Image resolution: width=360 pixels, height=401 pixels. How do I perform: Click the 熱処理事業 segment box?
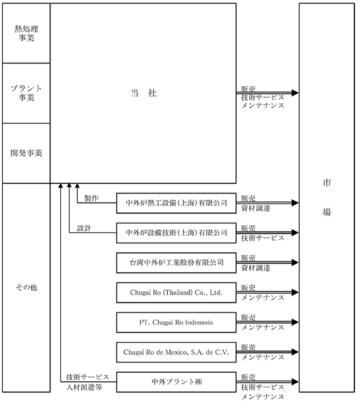[x=27, y=33]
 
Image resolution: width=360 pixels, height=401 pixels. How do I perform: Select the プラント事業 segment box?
[x=27, y=93]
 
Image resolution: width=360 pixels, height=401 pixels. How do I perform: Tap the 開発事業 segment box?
[x=27, y=153]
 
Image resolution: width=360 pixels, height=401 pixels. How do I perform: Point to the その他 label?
[x=27, y=287]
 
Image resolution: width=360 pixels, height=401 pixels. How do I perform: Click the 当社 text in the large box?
[x=144, y=93]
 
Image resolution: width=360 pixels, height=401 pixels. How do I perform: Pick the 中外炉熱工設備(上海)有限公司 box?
[x=176, y=203]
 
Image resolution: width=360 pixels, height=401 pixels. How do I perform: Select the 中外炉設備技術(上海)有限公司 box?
[x=176, y=233]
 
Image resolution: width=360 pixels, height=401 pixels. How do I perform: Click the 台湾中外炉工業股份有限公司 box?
[x=176, y=263]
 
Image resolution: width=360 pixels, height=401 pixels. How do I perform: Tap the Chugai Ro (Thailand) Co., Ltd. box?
[x=176, y=292]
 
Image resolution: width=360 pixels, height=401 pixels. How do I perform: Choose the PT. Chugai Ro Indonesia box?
[x=176, y=322]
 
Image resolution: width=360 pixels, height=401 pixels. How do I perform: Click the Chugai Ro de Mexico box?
[x=176, y=352]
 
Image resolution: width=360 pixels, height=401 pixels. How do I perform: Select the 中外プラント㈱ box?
[x=176, y=382]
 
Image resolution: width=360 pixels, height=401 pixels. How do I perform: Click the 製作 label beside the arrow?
[x=92, y=198]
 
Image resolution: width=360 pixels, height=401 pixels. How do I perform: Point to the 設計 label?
[x=84, y=228]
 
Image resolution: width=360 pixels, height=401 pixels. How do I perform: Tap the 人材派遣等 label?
[x=84, y=387]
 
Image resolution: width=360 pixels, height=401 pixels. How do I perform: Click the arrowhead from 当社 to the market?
[x=295, y=93]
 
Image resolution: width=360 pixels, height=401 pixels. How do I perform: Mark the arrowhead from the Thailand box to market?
[x=295, y=292]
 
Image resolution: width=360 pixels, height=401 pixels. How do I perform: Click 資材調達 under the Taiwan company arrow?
[x=255, y=268]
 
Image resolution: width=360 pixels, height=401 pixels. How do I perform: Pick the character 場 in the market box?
[x=327, y=212]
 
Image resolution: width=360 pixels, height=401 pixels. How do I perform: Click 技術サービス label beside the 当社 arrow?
[x=263, y=97]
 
